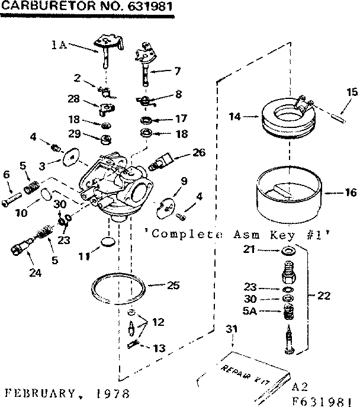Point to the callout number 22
323,296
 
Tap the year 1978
102,393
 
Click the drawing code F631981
323,399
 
